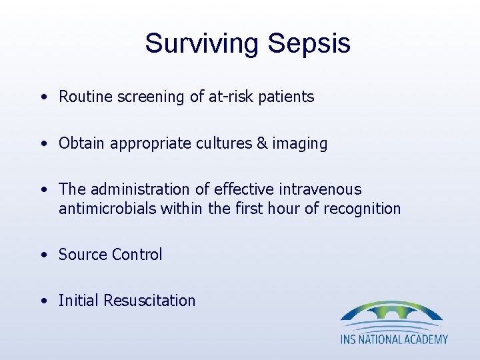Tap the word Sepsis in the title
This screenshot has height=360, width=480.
tap(309, 43)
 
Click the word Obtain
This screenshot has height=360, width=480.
tap(81, 143)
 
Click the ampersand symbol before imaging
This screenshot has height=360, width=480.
tap(262, 143)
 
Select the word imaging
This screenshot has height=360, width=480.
tap(300, 144)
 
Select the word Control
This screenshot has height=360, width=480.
tap(137, 255)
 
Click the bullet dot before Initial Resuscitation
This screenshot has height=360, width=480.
tap(43, 301)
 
